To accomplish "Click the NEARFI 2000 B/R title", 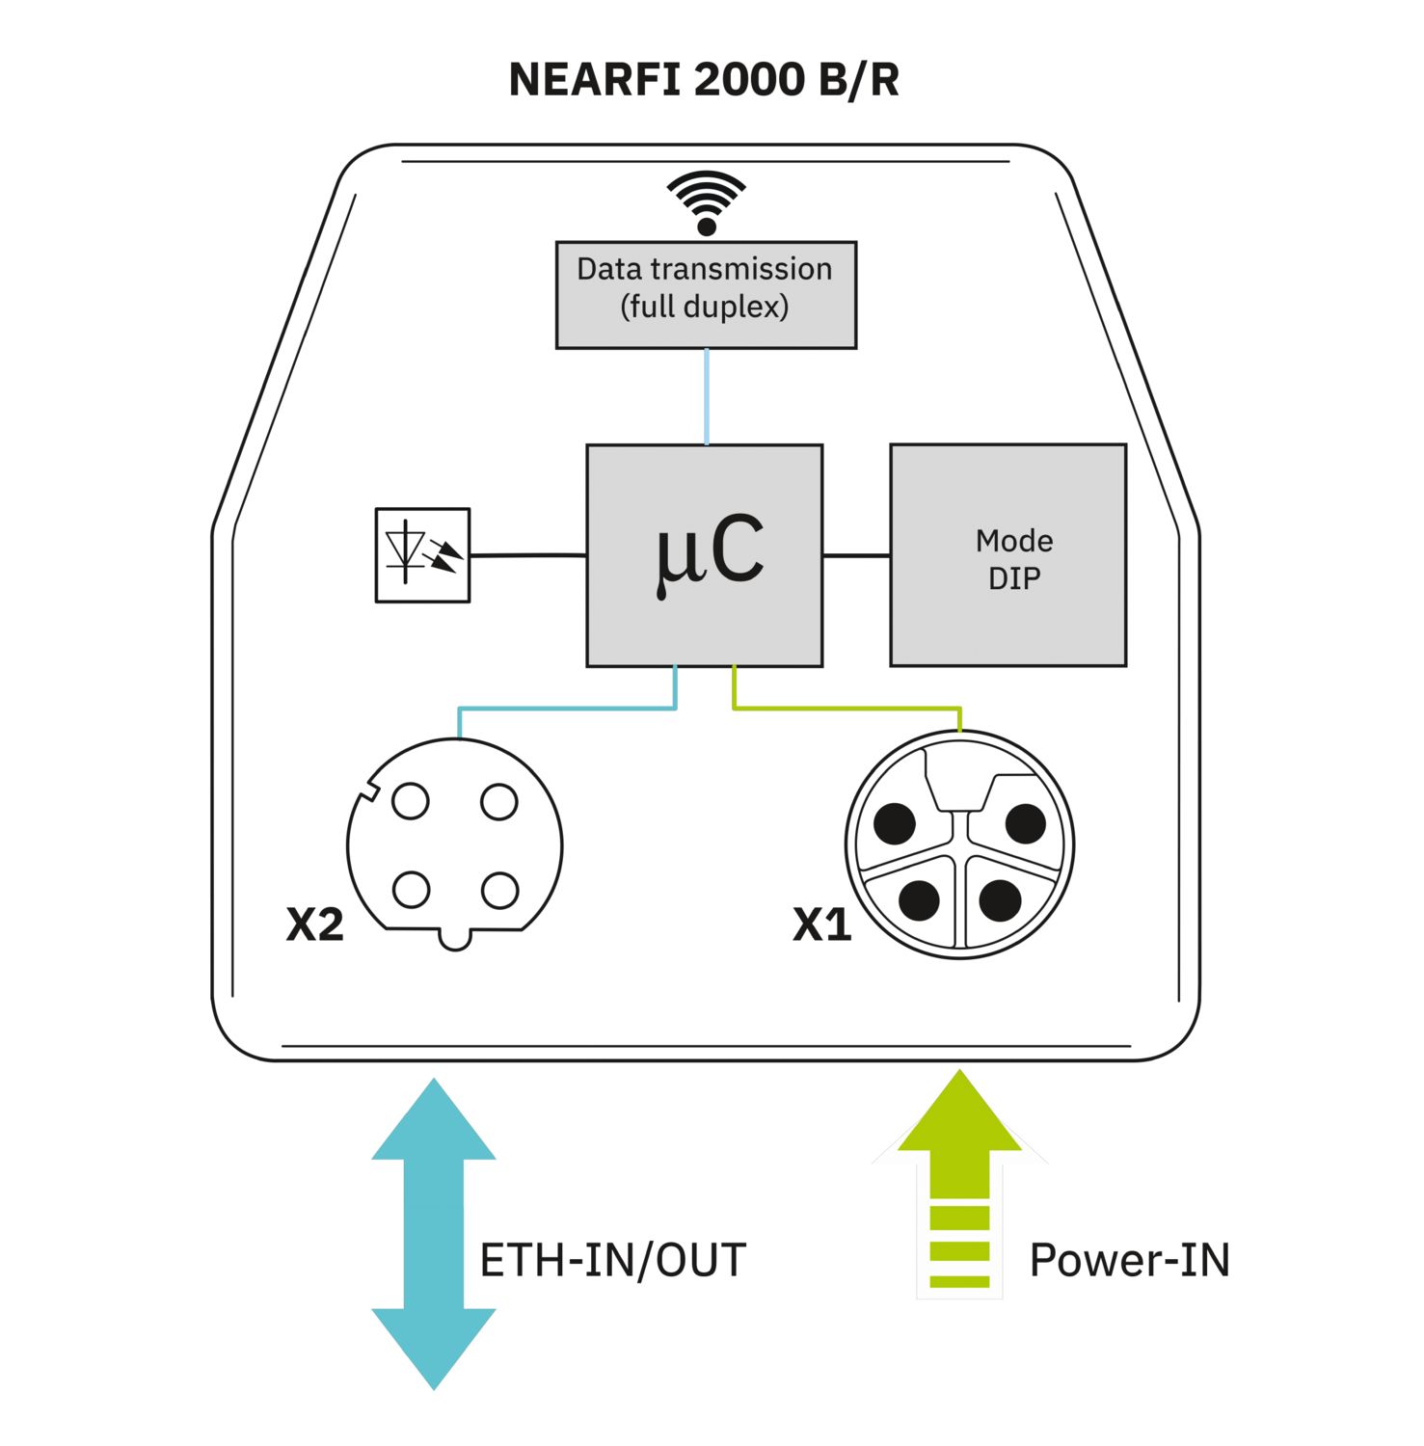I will pos(704,80).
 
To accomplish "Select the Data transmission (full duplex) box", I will pos(706,294).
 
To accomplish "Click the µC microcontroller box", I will pos(705,555).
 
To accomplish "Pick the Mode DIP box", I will pos(1008,555).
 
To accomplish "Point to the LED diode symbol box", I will pos(422,555).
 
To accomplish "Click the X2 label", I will pos(314,924).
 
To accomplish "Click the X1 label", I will pos(821,924).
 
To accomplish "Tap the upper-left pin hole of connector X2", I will pos(411,801).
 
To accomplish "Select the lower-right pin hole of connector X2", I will pos(499,891).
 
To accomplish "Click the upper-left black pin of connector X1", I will pos(895,823).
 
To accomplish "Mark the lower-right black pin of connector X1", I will pos(1000,900).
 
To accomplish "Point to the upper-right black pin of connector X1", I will pos(1025,823).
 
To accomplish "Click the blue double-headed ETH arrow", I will pos(434,1233).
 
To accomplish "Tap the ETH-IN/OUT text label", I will pos(613,1260).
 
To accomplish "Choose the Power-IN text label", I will pos(1129,1260).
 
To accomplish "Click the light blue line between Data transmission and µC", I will pos(707,396).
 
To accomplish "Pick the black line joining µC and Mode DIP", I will pos(856,555).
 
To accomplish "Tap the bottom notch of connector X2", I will pos(455,939).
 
